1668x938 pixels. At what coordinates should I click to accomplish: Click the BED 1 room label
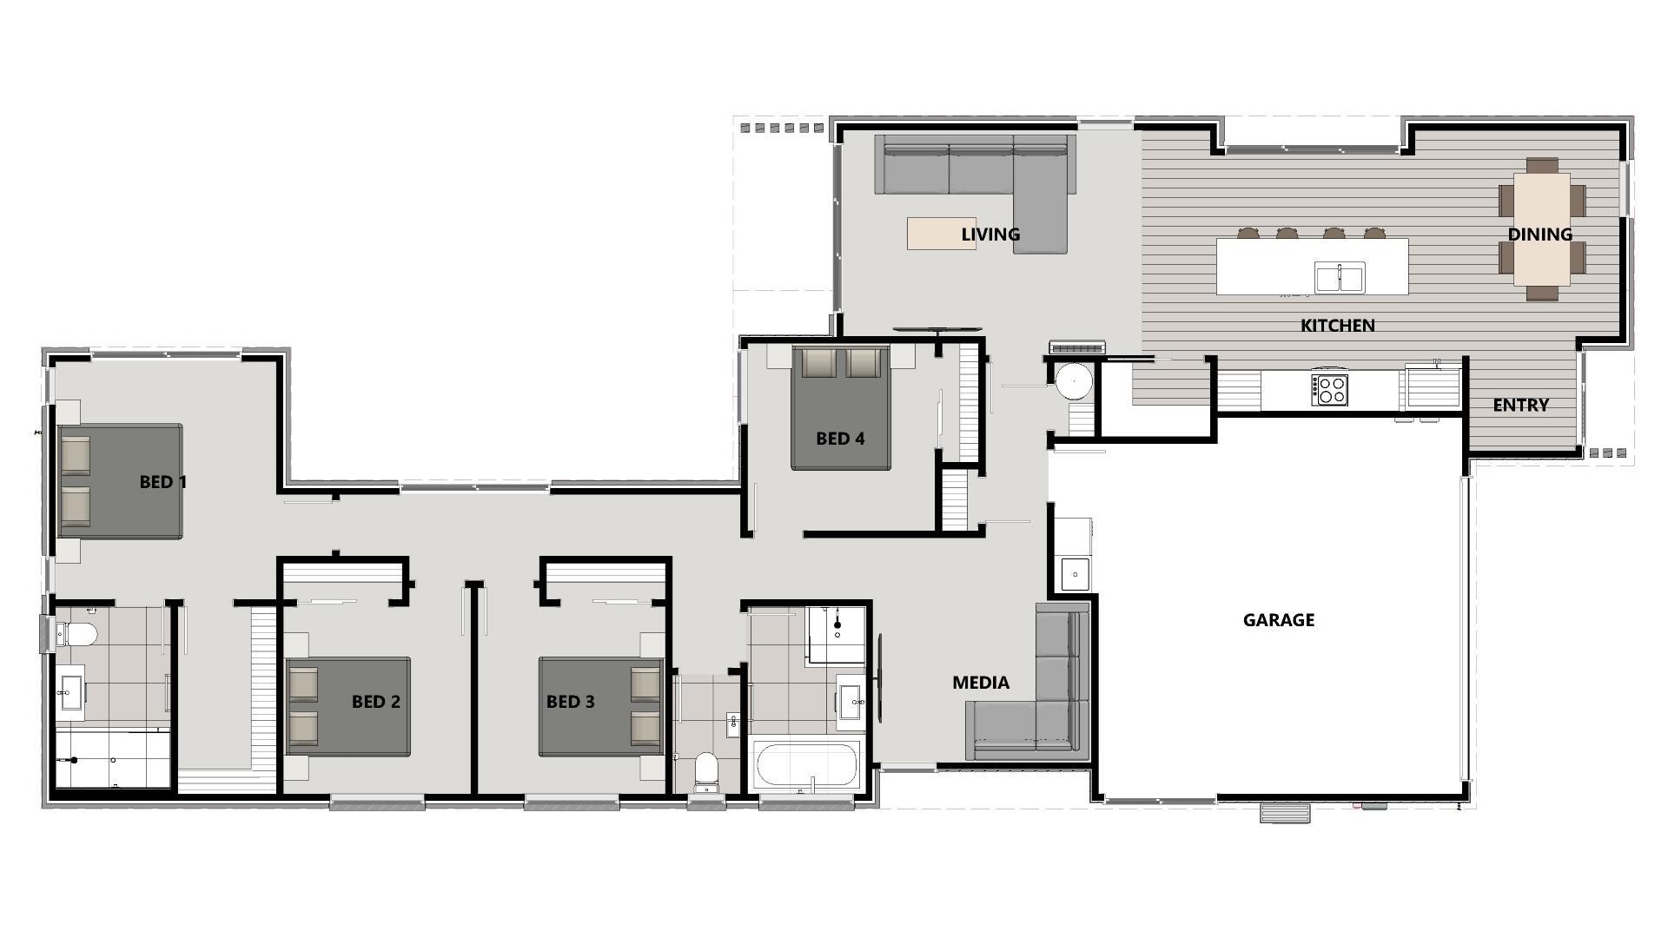(x=163, y=482)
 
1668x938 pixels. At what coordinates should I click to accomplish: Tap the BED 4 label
(x=840, y=439)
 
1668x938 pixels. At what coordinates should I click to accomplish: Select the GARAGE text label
(x=1278, y=620)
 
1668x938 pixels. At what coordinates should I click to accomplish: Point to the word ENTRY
(x=1520, y=405)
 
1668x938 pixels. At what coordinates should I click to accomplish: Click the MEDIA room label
(x=981, y=683)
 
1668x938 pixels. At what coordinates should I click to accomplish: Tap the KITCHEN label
(x=1337, y=326)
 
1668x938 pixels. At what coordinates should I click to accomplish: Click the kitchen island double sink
(x=1339, y=277)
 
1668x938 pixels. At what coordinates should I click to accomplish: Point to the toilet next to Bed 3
(x=706, y=772)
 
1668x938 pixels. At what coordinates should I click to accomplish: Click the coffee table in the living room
(x=941, y=234)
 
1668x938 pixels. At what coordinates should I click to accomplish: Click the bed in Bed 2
(x=347, y=706)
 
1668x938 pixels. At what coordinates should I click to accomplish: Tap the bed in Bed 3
(x=601, y=706)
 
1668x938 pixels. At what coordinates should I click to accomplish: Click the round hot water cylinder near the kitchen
(x=1074, y=381)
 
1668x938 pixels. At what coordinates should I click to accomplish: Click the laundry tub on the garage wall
(x=1075, y=574)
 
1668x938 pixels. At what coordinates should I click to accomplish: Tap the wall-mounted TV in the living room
(x=938, y=329)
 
